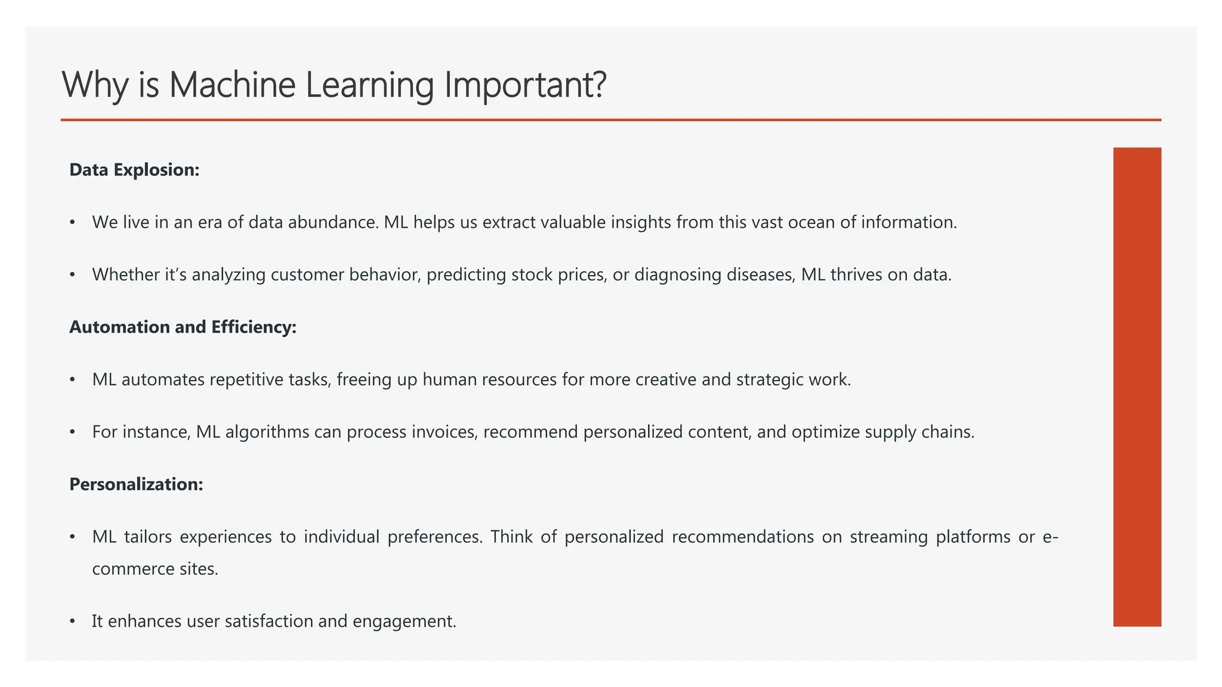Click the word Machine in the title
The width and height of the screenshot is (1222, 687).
[232, 85]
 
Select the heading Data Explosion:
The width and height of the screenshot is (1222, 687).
[134, 170]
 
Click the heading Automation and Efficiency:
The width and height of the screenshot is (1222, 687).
[183, 327]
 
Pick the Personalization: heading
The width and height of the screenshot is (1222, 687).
[136, 484]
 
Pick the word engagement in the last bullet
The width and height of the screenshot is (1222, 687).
[403, 621]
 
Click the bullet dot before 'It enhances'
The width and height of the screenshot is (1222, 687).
[72, 621]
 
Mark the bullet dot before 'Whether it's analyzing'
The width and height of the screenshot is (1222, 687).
[72, 275]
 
